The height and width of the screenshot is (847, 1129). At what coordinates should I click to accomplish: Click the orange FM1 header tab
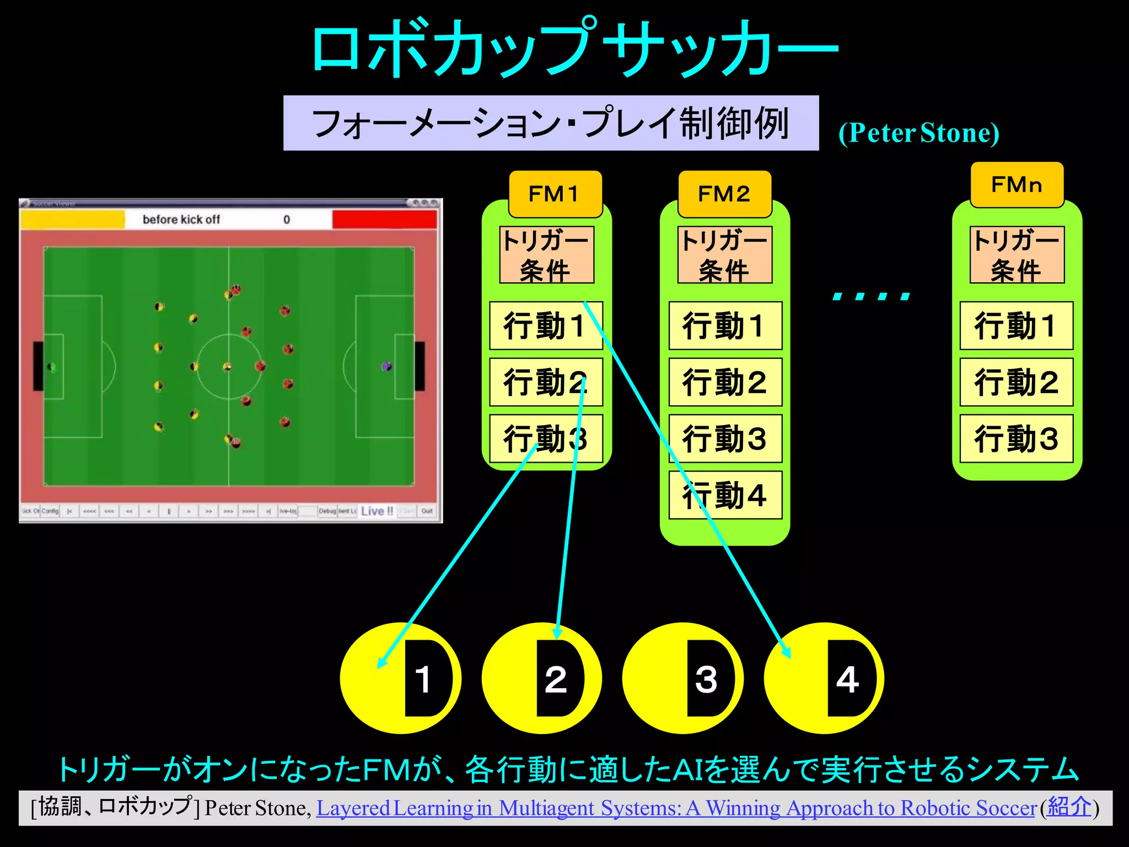555,194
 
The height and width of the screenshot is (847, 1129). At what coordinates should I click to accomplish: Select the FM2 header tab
724,194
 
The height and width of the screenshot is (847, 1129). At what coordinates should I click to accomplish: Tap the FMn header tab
1017,185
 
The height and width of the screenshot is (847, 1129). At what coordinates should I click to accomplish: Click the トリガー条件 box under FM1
546,255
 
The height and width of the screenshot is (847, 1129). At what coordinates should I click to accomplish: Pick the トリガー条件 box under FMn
1017,255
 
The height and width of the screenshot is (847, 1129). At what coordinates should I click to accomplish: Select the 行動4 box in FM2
725,495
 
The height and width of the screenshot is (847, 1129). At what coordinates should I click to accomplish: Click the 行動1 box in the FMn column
1016,325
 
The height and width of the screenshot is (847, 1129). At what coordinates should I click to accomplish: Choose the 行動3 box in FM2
725,438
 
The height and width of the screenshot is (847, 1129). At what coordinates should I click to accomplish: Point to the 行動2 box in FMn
1016,382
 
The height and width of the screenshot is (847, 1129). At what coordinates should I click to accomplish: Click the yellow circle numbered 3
656,678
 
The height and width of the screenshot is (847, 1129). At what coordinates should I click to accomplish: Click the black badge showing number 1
424,678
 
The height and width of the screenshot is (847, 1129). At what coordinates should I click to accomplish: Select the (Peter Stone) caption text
918,133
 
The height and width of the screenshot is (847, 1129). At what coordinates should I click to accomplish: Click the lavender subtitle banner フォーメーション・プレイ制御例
551,123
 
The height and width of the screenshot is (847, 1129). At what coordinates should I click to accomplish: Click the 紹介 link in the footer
1069,807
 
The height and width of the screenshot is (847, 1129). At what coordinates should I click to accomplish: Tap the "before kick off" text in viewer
181,219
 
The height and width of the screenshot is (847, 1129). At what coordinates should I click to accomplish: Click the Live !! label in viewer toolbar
377,511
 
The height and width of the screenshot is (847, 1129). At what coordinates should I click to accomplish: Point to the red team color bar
384,219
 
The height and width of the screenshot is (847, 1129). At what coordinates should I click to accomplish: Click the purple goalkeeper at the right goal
387,366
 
